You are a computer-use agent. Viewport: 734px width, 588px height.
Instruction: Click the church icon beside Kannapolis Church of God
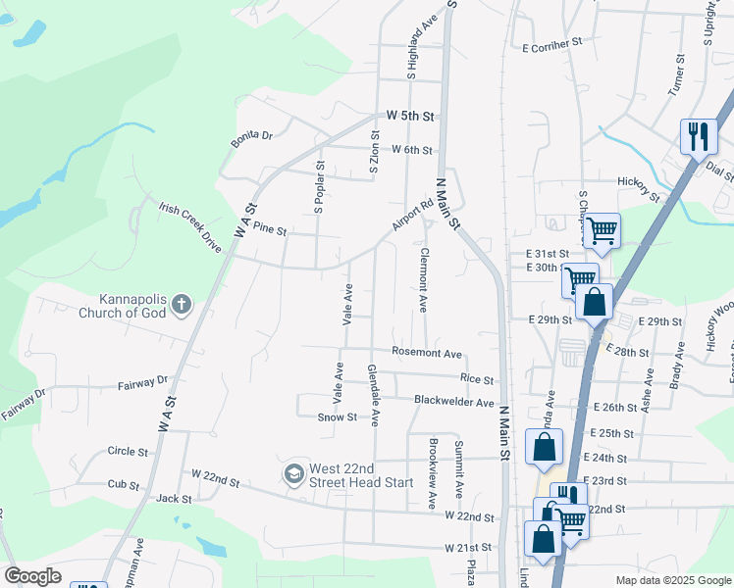(x=181, y=306)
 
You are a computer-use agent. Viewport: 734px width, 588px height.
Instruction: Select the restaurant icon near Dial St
(x=698, y=136)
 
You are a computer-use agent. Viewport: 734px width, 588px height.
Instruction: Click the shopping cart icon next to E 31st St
(x=603, y=231)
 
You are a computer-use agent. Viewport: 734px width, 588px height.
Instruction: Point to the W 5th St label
(x=409, y=116)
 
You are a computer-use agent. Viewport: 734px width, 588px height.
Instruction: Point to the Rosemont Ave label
(x=426, y=353)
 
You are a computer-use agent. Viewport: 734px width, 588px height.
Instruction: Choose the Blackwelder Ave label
(x=453, y=402)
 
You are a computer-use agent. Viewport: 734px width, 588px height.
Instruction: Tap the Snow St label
(x=336, y=417)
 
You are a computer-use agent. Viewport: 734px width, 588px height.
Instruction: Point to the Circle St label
(x=128, y=452)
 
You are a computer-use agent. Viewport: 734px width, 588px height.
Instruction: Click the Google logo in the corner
(x=32, y=576)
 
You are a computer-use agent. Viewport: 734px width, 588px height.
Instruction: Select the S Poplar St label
(x=318, y=186)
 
